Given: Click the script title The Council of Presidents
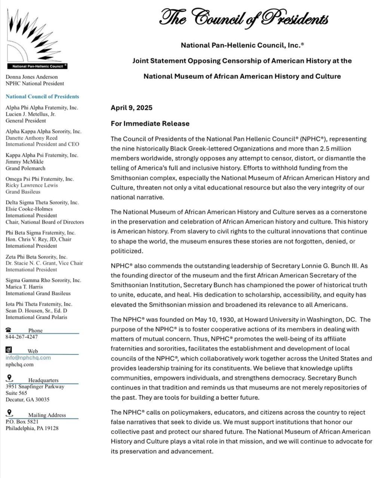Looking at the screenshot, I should [244, 18].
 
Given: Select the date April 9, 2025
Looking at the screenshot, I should [131, 108].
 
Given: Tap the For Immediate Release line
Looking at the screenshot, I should [150, 123].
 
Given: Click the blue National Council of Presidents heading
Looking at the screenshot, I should [42, 96].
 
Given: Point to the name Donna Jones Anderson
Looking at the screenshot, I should [32, 77].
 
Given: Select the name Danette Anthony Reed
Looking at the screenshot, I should [31, 138].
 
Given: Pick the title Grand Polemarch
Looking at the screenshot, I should [25, 168].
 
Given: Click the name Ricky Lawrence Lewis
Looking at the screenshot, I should [32, 185].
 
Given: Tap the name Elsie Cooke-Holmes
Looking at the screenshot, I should [29, 209].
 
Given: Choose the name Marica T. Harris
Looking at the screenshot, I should [24, 287].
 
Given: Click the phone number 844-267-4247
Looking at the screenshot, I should [21, 336].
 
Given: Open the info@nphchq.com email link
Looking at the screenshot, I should [28, 357].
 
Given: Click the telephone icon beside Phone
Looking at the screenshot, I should [9, 330].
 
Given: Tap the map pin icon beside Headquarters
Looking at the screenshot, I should [9, 379].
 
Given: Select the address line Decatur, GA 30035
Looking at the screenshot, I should [27, 399].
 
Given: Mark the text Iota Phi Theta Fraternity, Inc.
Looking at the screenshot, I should [39, 304].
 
